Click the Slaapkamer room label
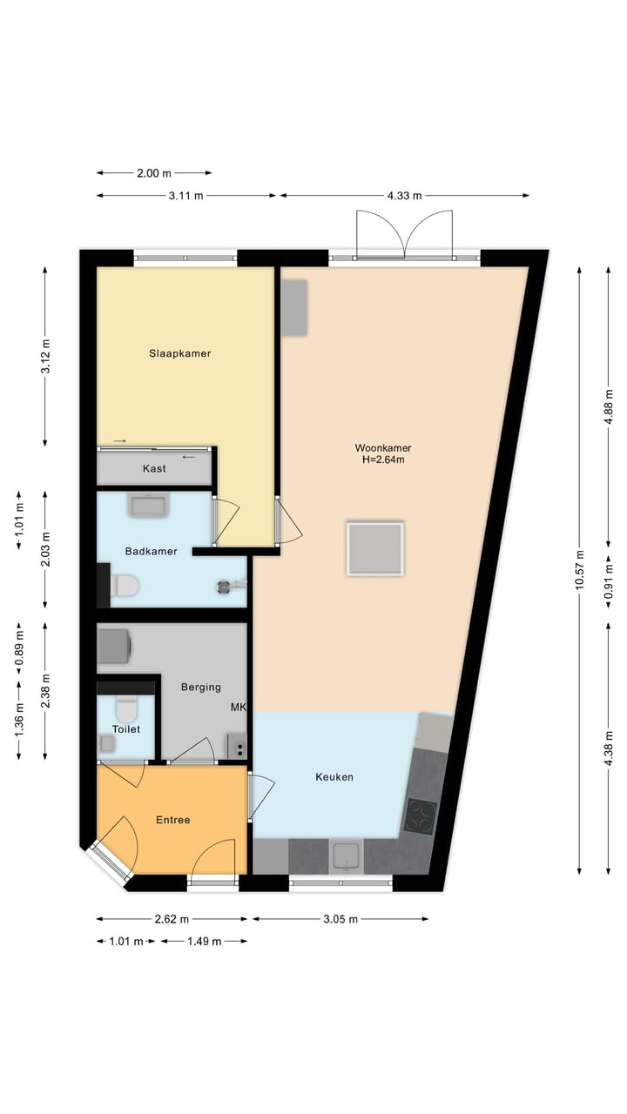point(180,353)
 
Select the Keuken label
point(334,776)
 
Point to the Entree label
point(172,820)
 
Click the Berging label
point(200,687)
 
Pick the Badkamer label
point(151,551)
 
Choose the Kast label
point(154,468)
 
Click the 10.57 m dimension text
point(580,571)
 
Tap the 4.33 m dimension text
point(404,196)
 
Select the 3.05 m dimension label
point(340,919)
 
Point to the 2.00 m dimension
point(153,173)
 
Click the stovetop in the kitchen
point(421,816)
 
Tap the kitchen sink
point(347,856)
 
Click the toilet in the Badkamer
point(124,586)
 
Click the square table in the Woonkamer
point(374,548)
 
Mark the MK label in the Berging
point(238,708)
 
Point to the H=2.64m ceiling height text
point(383,460)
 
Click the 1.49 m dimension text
point(204,941)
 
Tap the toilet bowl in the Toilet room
point(127,703)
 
